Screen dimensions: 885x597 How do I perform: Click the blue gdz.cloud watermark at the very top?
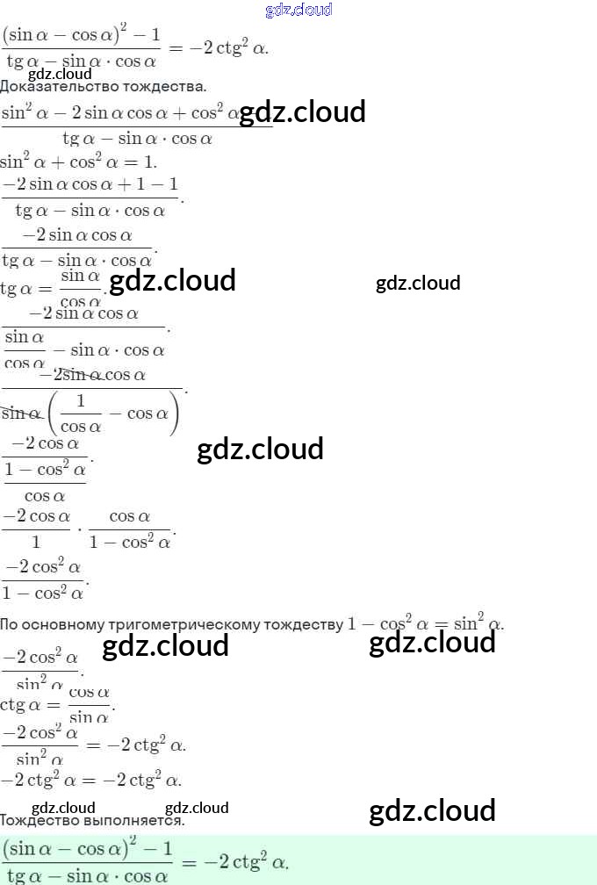click(298, 11)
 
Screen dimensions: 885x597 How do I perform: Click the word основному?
click(63, 625)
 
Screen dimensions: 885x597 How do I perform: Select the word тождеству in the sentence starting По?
click(303, 625)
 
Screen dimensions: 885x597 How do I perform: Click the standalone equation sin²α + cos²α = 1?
click(78, 162)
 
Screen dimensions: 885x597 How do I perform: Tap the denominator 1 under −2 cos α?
click(36, 543)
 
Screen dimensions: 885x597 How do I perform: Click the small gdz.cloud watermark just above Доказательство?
click(60, 74)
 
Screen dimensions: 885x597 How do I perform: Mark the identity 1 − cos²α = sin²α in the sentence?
click(425, 624)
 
